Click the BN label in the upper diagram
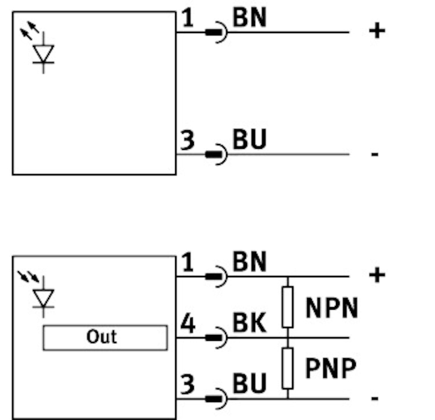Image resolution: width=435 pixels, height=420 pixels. pos(250,17)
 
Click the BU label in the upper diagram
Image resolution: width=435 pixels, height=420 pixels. pos(250,139)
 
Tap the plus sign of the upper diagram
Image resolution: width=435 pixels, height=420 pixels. pos(377,31)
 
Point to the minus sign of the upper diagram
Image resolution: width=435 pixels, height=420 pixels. pos(375,154)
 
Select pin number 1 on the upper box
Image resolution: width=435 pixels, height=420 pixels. pos(188,18)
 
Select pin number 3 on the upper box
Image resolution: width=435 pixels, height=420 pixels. pos(188,140)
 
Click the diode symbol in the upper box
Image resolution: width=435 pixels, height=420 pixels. pos(43,53)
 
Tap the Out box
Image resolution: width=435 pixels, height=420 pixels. pos(105,338)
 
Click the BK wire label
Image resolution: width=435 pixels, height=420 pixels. pos(250,323)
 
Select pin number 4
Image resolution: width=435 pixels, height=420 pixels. pos(188,323)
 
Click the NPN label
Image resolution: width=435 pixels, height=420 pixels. pos(332,308)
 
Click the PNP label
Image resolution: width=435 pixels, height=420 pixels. pos(331,368)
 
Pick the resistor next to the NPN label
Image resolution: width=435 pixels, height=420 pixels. pos(287,307)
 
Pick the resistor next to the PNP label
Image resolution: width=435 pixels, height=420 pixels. pos(287,368)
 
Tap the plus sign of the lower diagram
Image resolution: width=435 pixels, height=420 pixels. pos(377,275)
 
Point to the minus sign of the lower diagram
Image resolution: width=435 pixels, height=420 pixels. pos(375,398)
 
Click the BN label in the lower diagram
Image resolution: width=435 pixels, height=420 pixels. pos(250,262)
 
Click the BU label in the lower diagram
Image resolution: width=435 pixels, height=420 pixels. pos(250,383)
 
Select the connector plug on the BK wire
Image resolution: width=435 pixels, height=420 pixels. pos(216,338)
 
